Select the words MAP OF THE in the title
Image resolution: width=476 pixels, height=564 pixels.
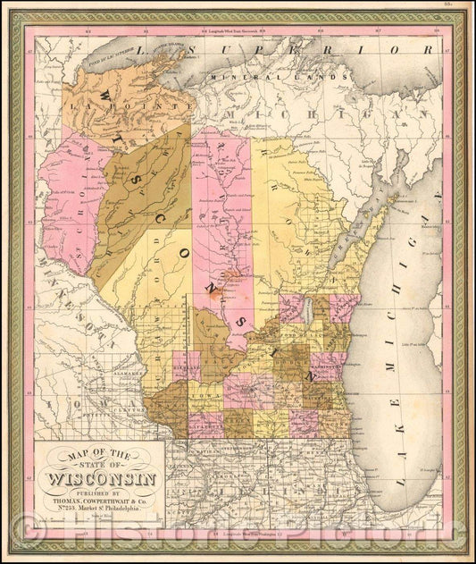[97, 455]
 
